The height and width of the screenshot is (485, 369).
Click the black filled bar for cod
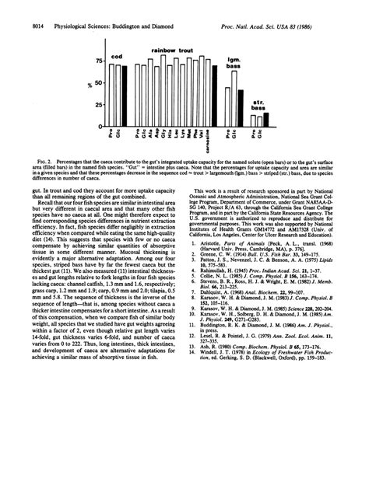point(121,95)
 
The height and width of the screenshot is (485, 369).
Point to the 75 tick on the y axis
point(100,60)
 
